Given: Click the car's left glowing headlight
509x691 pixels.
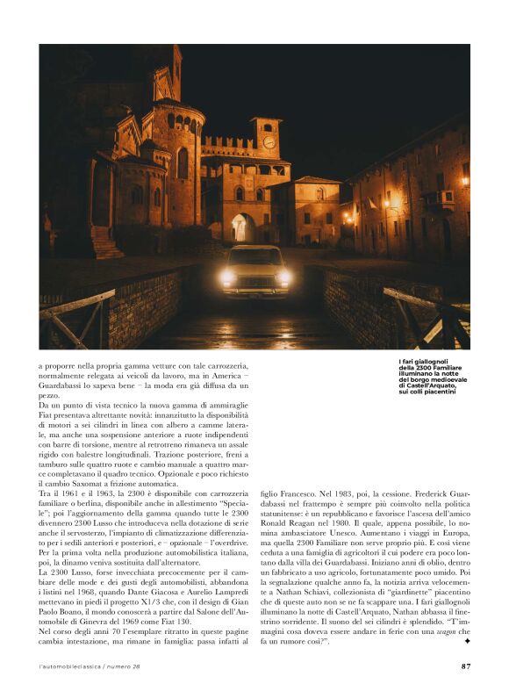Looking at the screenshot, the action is (228, 277).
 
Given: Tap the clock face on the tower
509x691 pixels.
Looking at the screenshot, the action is (269, 142).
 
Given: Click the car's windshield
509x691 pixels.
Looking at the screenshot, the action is (255, 258).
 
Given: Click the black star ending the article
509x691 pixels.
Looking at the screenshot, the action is (467, 643).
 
